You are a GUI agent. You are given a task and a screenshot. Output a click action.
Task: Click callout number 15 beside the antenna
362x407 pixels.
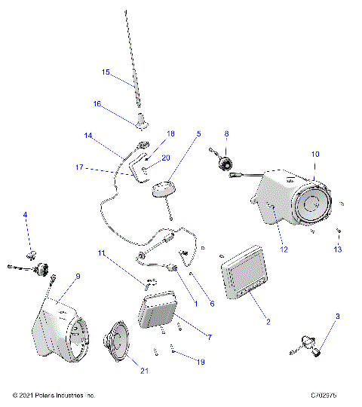point(106,72)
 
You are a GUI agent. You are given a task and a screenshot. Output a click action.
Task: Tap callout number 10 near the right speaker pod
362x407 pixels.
point(315,154)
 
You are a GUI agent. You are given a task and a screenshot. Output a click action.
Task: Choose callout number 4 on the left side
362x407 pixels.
point(25,215)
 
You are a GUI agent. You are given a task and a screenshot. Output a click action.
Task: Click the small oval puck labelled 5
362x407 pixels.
point(165,189)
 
